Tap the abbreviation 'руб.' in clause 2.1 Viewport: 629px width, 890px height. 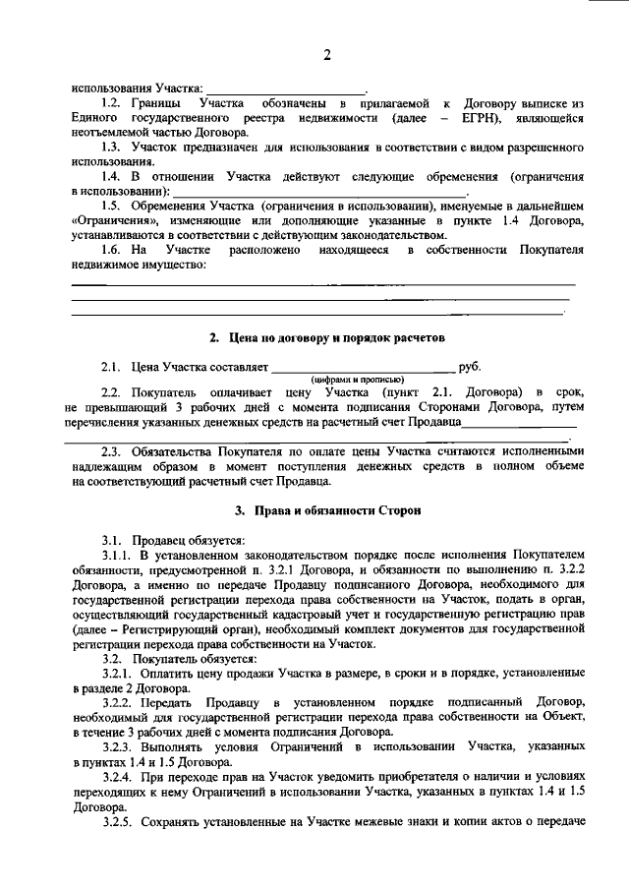point(469,367)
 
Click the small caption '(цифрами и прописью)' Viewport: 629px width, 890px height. point(354,380)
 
